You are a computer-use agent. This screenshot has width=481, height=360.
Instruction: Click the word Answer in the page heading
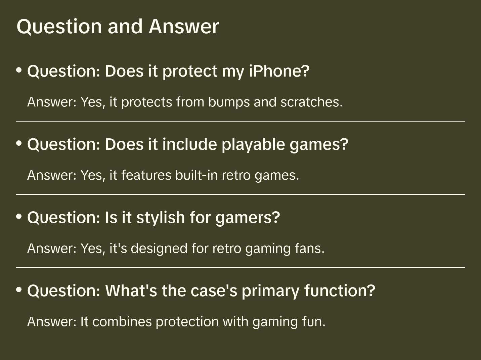(x=184, y=27)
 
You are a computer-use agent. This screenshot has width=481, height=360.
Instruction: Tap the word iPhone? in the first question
(x=279, y=71)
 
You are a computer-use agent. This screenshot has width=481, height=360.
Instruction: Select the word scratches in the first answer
(x=311, y=102)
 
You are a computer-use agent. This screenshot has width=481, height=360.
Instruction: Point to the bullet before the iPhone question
(x=19, y=70)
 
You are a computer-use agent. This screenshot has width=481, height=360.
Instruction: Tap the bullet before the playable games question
(x=19, y=143)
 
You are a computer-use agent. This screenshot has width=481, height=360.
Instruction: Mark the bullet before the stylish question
(x=19, y=216)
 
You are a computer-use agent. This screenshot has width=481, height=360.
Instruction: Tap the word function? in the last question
(x=340, y=290)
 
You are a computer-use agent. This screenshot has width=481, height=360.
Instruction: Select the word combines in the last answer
(x=122, y=321)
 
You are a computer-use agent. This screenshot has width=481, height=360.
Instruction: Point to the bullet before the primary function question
(x=19, y=289)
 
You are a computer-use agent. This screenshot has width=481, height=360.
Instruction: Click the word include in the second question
(x=189, y=144)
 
